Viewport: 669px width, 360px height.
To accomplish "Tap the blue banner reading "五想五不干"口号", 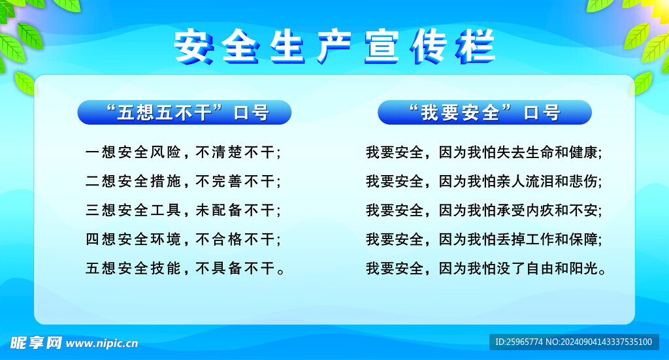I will pyautogui.click(x=184, y=112).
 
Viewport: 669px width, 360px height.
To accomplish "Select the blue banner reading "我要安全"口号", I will pyautogui.click(x=484, y=112).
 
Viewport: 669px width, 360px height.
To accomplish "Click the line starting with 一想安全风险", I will pyautogui.click(x=183, y=153).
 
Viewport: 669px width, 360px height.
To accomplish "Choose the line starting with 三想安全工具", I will pyautogui.click(x=183, y=210).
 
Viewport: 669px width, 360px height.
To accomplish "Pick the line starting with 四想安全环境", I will pyautogui.click(x=183, y=239).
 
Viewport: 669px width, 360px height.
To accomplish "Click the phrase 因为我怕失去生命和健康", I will pyautogui.click(x=519, y=153).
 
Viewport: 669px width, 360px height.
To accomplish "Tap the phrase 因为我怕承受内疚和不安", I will pyautogui.click(x=519, y=210).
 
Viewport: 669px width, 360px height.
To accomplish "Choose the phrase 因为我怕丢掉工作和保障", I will pyautogui.click(x=519, y=239).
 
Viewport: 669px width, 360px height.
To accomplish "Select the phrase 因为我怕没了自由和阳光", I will pyautogui.click(x=519, y=268).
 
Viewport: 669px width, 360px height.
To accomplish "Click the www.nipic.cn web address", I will pyautogui.click(x=102, y=343).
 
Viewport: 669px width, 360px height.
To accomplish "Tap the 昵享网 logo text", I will pyautogui.click(x=36, y=342).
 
